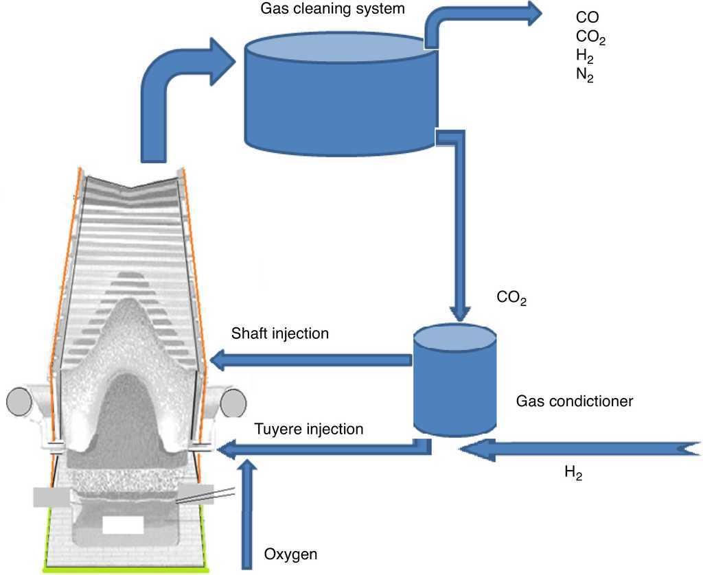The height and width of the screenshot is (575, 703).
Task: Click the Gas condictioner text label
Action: click(574, 401)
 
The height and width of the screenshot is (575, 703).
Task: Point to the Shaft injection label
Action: click(280, 334)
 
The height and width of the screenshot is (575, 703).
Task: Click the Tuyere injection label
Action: click(308, 430)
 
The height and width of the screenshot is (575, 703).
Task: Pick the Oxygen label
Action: click(290, 553)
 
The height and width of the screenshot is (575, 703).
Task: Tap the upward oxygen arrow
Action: click(249, 515)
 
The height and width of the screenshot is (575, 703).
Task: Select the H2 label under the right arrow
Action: click(574, 473)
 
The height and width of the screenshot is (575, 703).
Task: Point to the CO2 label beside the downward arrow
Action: click(511, 298)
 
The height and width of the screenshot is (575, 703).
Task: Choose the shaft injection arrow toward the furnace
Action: click(309, 358)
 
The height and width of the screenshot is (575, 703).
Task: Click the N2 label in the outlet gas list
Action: click(585, 75)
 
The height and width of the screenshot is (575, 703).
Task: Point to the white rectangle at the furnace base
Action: click(123, 525)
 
